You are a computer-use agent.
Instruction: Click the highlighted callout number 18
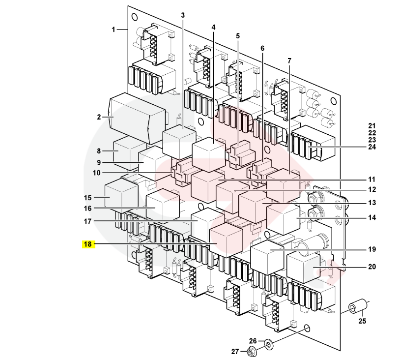tap(88, 243)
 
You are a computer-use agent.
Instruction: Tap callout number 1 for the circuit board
tap(113, 30)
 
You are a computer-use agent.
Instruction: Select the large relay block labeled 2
tap(135, 116)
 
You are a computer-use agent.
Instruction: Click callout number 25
tap(362, 322)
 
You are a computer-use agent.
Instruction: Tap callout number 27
tap(235, 351)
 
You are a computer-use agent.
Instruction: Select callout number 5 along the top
tap(238, 36)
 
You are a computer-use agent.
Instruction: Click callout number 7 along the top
tap(289, 60)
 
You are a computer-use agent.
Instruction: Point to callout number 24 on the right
tap(371, 147)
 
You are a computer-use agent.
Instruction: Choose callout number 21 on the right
tap(371, 125)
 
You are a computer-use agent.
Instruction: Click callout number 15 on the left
tap(88, 198)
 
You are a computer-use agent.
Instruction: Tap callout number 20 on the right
tap(371, 267)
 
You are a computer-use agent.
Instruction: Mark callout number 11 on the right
tap(371, 179)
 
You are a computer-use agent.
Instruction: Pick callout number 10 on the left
tap(96, 173)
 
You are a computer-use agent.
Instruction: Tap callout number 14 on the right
tap(371, 217)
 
